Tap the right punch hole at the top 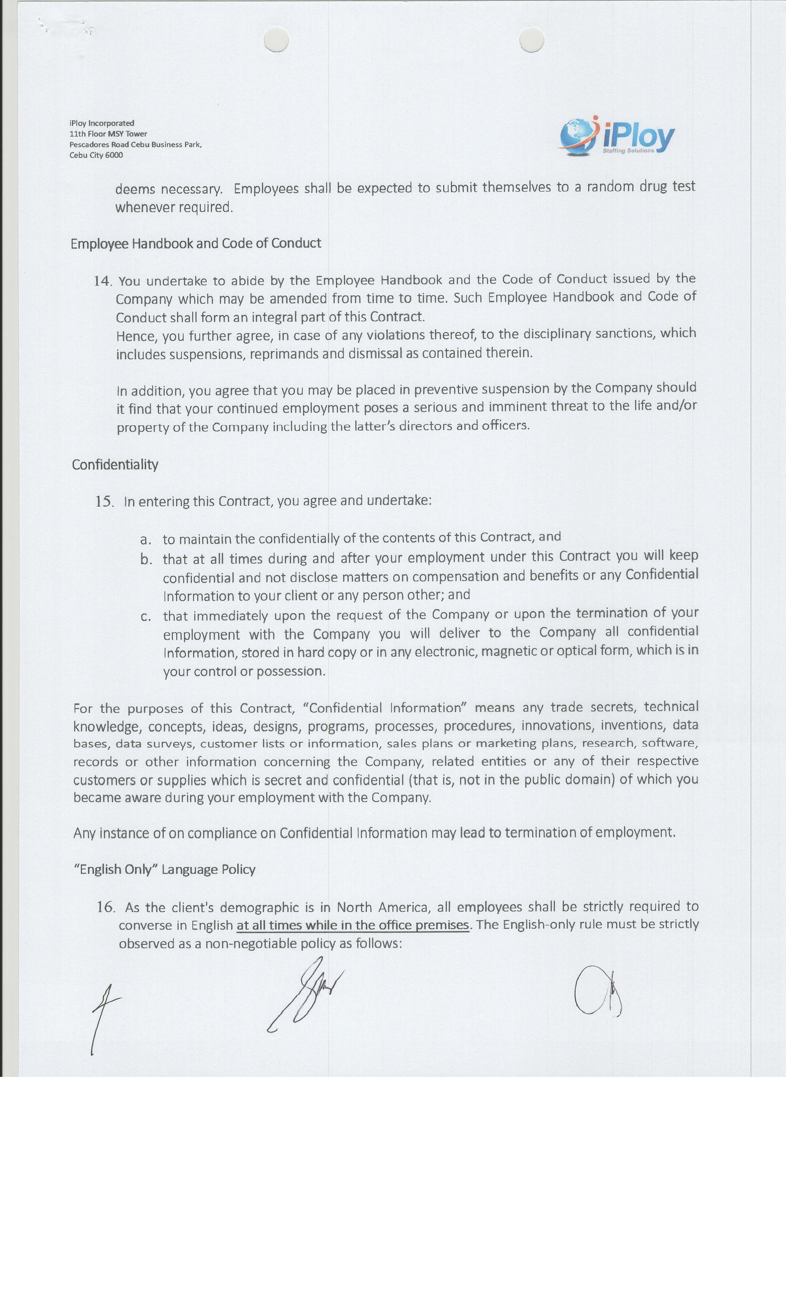pyautogui.click(x=531, y=40)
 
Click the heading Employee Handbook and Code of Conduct pyautogui.click(x=196, y=243)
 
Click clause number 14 pyautogui.click(x=103, y=281)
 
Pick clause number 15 pyautogui.click(x=104, y=501)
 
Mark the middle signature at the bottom pyautogui.click(x=305, y=993)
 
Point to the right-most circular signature pyautogui.click(x=597, y=991)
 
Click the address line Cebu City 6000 pyautogui.click(x=96, y=155)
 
